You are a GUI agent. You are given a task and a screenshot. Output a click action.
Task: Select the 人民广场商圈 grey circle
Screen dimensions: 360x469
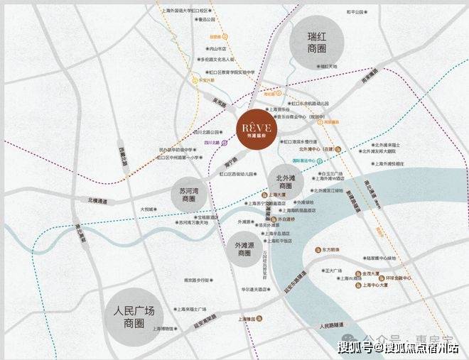coord(139,317)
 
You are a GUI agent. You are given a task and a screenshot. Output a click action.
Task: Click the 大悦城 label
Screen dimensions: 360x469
coord(148,209)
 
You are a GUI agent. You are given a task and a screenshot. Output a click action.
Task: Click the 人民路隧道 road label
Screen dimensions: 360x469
coord(334,326)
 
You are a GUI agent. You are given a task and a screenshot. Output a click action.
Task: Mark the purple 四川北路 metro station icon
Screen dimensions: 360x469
coord(225,143)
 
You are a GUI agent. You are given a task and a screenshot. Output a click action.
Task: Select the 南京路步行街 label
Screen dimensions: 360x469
coord(195,281)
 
